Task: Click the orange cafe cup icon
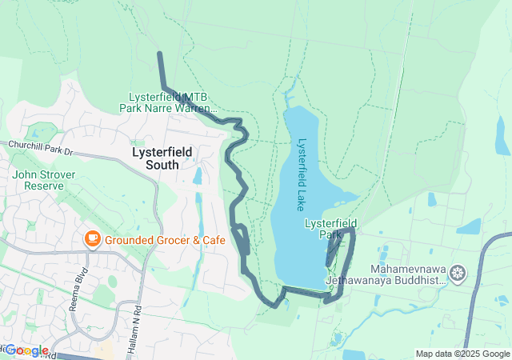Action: pos(92,238)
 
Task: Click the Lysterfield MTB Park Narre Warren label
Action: pos(169,102)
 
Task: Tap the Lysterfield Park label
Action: pos(330,229)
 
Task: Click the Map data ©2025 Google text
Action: pos(462,354)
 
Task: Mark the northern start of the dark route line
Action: pos(160,54)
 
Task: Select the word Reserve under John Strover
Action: pos(44,186)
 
